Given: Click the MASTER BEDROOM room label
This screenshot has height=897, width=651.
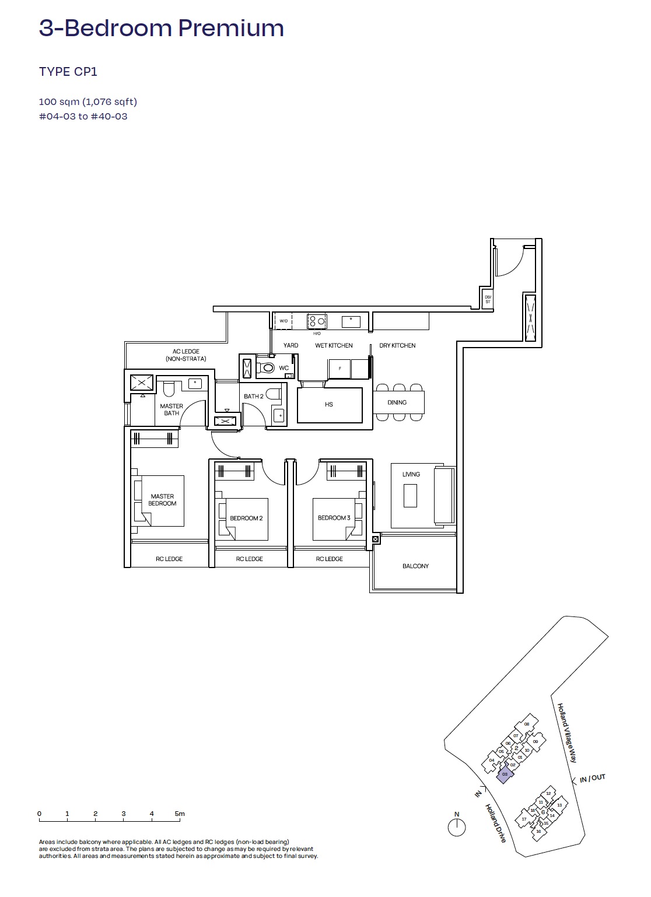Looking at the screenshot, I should click(x=162, y=500).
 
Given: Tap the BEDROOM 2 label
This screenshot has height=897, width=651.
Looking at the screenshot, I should click(x=246, y=518).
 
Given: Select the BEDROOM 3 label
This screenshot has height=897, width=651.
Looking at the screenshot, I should click(x=334, y=518).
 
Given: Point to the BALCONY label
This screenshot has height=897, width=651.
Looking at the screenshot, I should click(x=415, y=566).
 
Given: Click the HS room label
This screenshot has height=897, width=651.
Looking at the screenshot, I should click(x=329, y=404).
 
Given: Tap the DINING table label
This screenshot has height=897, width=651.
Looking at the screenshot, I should click(x=397, y=402).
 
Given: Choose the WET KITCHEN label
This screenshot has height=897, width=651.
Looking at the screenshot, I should click(x=334, y=345).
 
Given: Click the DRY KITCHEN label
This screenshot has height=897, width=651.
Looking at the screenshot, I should click(x=397, y=345).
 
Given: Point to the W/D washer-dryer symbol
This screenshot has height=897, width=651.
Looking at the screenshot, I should click(x=283, y=321).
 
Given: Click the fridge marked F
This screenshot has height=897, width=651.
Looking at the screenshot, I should click(x=339, y=369).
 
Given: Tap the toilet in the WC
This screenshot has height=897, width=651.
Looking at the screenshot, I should click(x=267, y=368).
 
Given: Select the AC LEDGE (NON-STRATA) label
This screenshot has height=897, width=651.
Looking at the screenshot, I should click(x=185, y=355).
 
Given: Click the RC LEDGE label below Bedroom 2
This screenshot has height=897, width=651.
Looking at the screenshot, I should click(x=249, y=559).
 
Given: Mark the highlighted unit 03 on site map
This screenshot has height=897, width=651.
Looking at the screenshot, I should click(x=505, y=775).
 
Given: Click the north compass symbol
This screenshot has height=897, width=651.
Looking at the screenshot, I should click(x=457, y=827).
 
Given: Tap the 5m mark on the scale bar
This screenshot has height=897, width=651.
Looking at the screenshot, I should click(x=180, y=814).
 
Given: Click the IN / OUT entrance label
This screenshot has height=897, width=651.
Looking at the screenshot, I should click(x=592, y=778).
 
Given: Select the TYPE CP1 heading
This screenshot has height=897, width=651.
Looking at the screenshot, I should click(x=68, y=72).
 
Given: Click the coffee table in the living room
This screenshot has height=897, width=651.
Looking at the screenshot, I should click(x=410, y=496).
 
